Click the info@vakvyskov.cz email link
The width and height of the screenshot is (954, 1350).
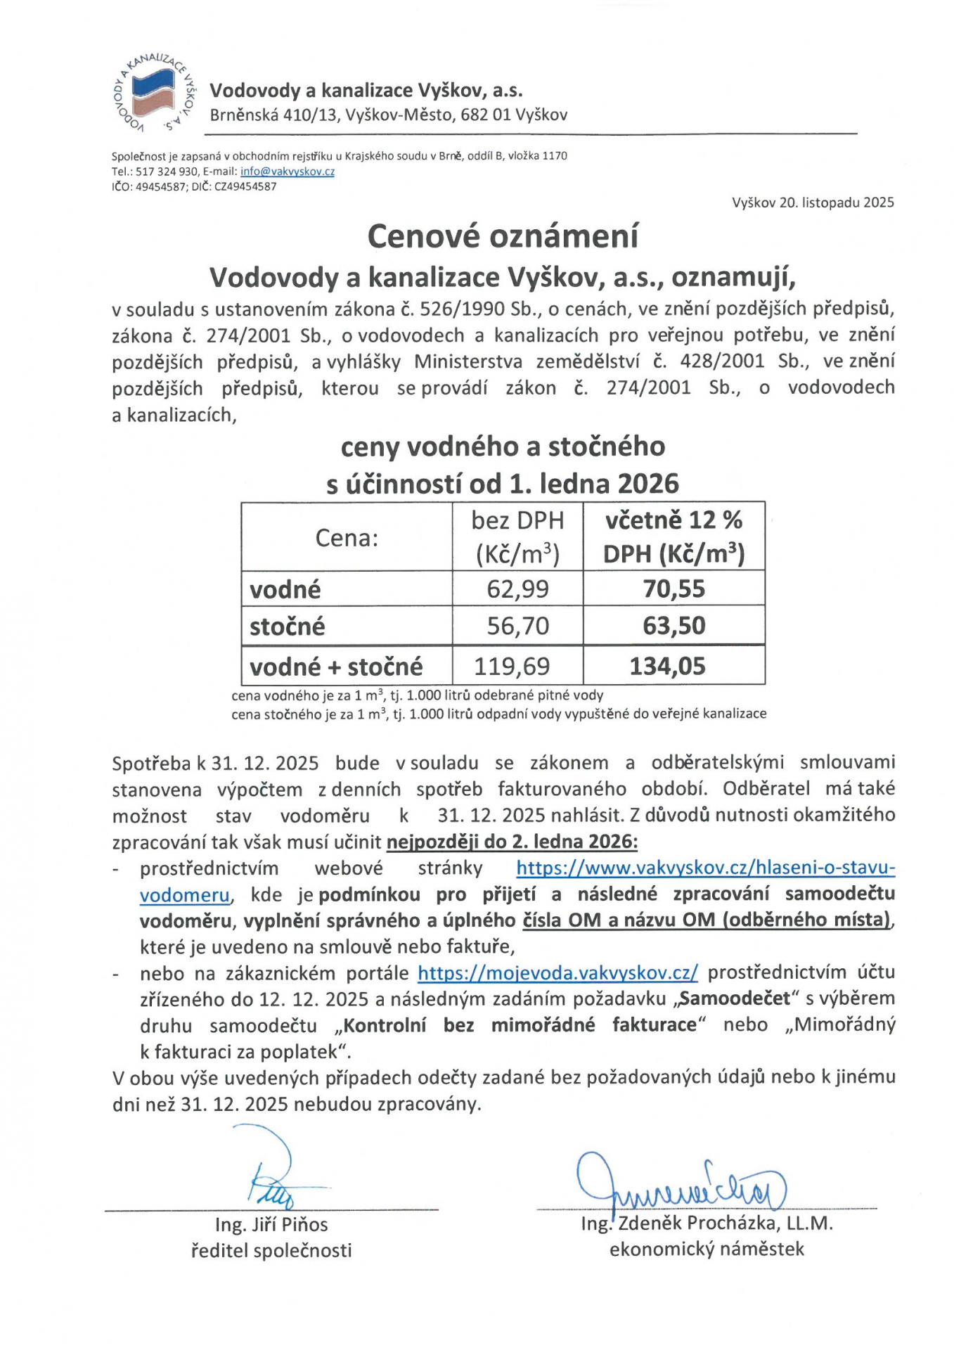(287, 172)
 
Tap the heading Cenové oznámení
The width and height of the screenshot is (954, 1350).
(503, 236)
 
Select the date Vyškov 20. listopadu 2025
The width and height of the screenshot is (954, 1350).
(813, 203)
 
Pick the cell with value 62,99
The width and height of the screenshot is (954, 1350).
(517, 589)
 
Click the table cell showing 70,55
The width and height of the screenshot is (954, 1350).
(673, 589)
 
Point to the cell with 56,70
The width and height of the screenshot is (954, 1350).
(517, 626)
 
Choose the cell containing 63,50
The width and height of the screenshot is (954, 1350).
(673, 626)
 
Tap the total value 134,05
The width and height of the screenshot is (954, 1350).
(667, 666)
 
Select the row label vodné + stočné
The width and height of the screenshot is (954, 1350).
(336, 666)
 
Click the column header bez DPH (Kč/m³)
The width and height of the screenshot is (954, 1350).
(517, 537)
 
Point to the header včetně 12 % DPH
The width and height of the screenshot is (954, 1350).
(673, 537)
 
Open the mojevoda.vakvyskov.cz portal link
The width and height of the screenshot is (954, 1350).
(557, 972)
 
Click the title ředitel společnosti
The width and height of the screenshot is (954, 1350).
(271, 1251)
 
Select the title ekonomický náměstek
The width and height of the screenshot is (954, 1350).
(707, 1249)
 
